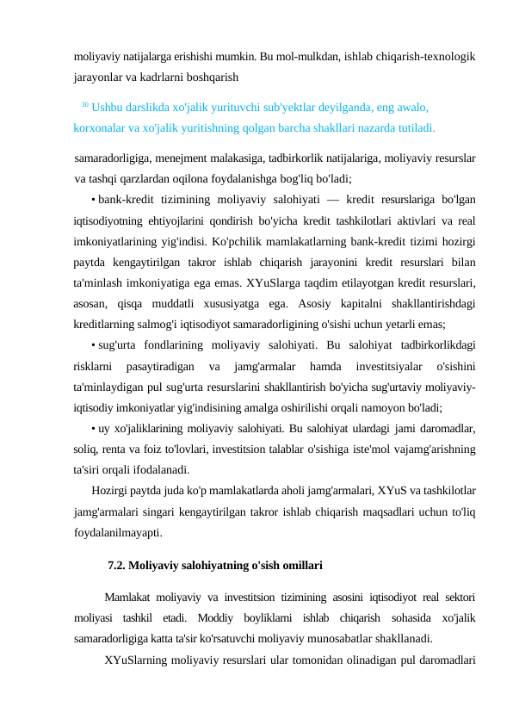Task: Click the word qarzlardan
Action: point(159,179)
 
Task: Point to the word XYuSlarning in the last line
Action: point(139,660)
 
